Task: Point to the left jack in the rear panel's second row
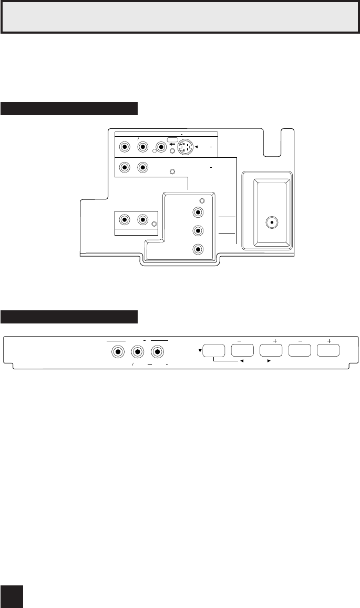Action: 125,168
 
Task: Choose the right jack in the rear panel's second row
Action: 142,168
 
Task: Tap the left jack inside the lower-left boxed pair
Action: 125,220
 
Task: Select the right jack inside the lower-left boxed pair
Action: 142,220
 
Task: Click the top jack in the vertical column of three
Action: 198,213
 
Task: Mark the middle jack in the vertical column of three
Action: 198,231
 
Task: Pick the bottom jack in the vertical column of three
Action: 198,250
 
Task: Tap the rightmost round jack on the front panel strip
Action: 157,352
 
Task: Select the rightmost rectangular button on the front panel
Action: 328,351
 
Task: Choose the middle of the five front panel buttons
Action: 271,351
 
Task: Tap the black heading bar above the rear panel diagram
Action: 69,109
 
